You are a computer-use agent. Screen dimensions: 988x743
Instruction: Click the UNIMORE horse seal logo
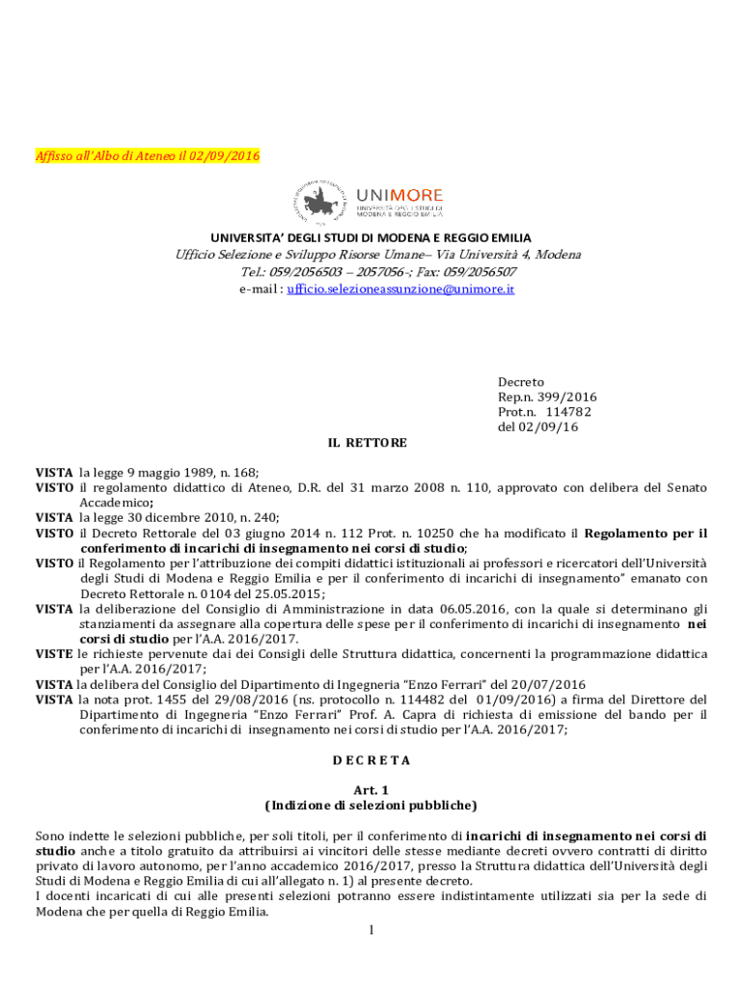tap(323, 203)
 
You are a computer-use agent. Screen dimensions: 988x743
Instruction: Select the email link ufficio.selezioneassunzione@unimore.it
tap(400, 288)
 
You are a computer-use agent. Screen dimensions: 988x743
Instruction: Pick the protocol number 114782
tap(567, 412)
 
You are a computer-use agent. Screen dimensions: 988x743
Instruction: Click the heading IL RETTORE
tap(368, 442)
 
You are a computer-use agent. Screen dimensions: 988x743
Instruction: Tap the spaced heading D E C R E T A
tap(371, 759)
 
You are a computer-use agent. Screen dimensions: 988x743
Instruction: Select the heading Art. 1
tap(371, 789)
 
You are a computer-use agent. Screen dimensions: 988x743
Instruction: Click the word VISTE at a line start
tap(54, 654)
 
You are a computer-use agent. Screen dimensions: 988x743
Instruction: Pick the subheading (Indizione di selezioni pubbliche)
tap(371, 805)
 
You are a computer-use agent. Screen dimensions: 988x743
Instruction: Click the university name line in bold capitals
tap(371, 237)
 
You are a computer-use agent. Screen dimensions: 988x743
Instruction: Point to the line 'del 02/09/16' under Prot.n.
tap(537, 427)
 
